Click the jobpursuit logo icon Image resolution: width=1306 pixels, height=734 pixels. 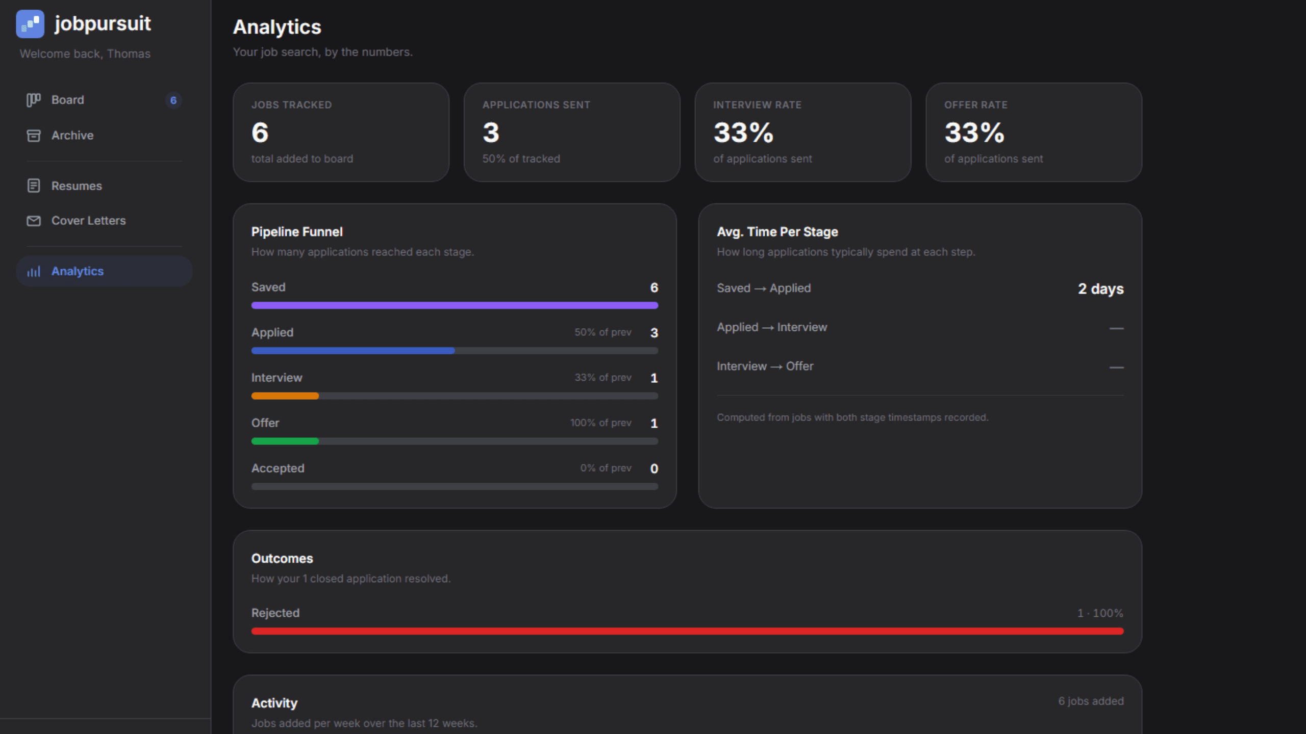[x=30, y=24]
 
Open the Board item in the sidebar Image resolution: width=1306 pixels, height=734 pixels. [x=67, y=100]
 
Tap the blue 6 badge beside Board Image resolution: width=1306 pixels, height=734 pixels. [x=173, y=100]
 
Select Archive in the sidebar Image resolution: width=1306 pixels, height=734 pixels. [x=72, y=136]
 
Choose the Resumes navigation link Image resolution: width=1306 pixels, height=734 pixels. [x=77, y=186]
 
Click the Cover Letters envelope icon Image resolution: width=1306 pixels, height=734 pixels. [x=34, y=221]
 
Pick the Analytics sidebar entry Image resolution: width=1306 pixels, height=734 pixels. [x=77, y=271]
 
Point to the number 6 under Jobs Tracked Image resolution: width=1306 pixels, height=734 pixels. [x=260, y=133]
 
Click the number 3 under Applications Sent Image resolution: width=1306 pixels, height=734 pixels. [x=491, y=133]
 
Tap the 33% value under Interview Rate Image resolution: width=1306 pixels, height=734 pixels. [x=743, y=133]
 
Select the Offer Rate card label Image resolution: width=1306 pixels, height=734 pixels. [x=975, y=105]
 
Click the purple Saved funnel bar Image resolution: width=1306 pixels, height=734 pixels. [x=454, y=305]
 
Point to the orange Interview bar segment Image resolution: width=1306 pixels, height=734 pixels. [x=285, y=396]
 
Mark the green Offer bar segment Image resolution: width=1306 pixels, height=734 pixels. [x=285, y=441]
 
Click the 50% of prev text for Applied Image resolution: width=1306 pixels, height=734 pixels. [x=602, y=332]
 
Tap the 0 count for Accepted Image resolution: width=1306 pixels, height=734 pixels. [x=654, y=468]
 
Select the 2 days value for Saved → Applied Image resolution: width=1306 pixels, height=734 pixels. [x=1100, y=289]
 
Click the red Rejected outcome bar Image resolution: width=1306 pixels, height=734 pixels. [x=687, y=632]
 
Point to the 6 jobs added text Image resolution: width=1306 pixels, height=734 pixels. [x=1091, y=701]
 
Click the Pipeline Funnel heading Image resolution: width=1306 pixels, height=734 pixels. [x=297, y=232]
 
